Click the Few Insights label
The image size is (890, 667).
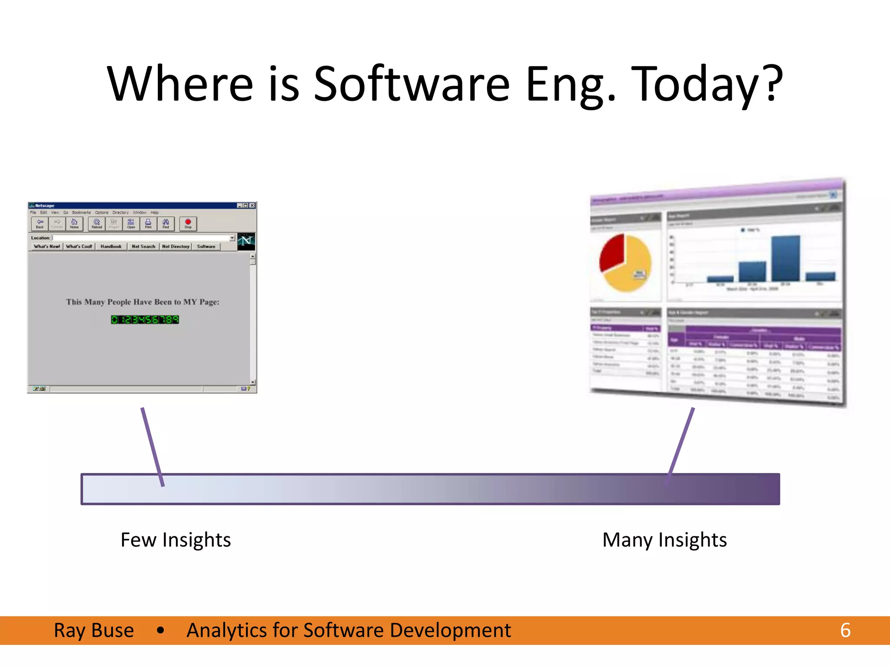point(176,540)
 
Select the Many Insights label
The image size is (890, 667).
point(664,540)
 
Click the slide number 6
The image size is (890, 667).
point(845,630)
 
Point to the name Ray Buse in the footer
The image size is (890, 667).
point(94,630)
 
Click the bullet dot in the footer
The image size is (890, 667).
point(160,630)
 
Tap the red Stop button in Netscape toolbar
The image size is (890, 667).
point(188,224)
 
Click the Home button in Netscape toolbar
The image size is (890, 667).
point(74,224)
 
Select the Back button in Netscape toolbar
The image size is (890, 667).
point(40,224)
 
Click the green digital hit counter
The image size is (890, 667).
point(145,320)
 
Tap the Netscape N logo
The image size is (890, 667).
point(246,241)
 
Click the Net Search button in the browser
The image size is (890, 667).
point(143,246)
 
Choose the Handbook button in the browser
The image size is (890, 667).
point(111,246)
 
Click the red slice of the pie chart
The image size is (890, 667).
point(611,253)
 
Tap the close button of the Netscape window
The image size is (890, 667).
point(252,205)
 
